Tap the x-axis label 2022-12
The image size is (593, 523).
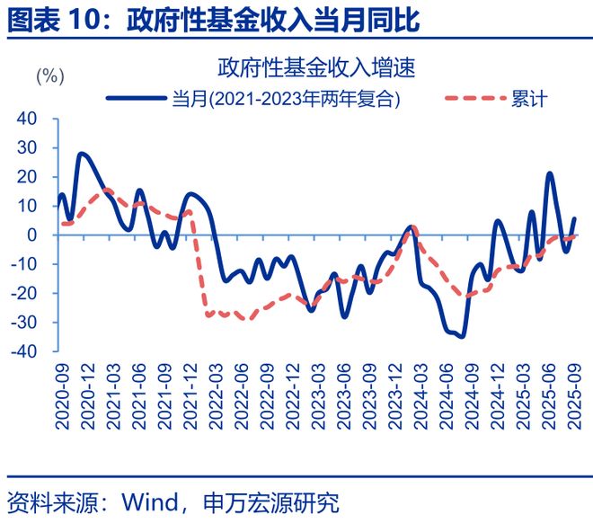[x=291, y=394]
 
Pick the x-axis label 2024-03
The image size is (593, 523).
[x=420, y=394]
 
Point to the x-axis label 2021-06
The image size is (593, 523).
[x=137, y=394]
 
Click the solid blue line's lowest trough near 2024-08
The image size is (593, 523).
[x=462, y=336]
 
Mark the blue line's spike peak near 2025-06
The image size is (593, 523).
[x=549, y=173]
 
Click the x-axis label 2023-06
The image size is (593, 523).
[x=343, y=394]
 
